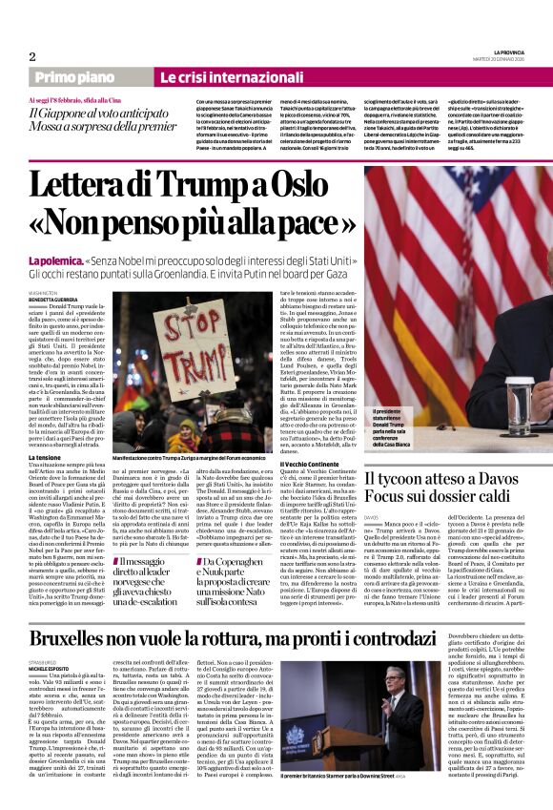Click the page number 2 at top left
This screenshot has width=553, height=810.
point(32,55)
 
